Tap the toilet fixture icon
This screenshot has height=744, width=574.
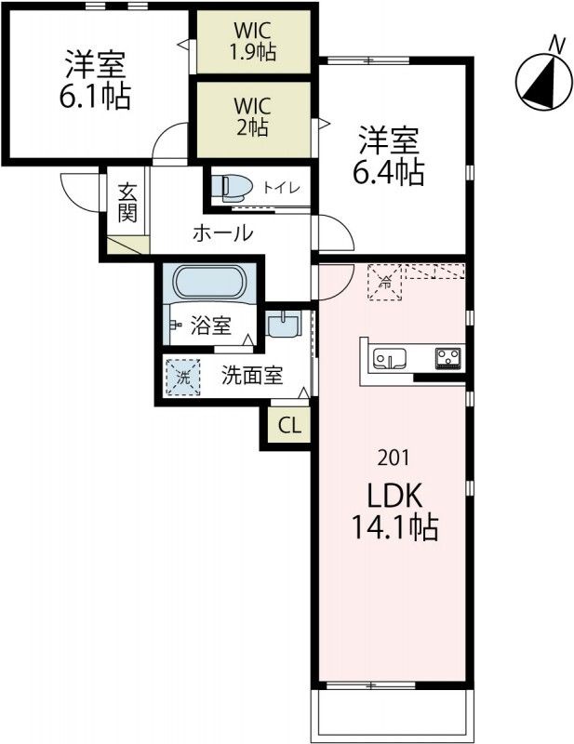point(233,187)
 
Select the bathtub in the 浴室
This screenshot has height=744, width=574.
point(208,283)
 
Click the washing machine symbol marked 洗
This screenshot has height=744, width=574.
point(183,378)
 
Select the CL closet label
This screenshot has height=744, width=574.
point(289,427)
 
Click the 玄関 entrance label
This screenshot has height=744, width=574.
point(127,204)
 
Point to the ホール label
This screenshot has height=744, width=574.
point(222,233)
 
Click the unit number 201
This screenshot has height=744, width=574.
point(392,458)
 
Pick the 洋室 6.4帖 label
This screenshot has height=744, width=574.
point(392,155)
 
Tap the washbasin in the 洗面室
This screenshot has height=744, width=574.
point(282,325)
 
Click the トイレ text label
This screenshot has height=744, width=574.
point(281,188)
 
